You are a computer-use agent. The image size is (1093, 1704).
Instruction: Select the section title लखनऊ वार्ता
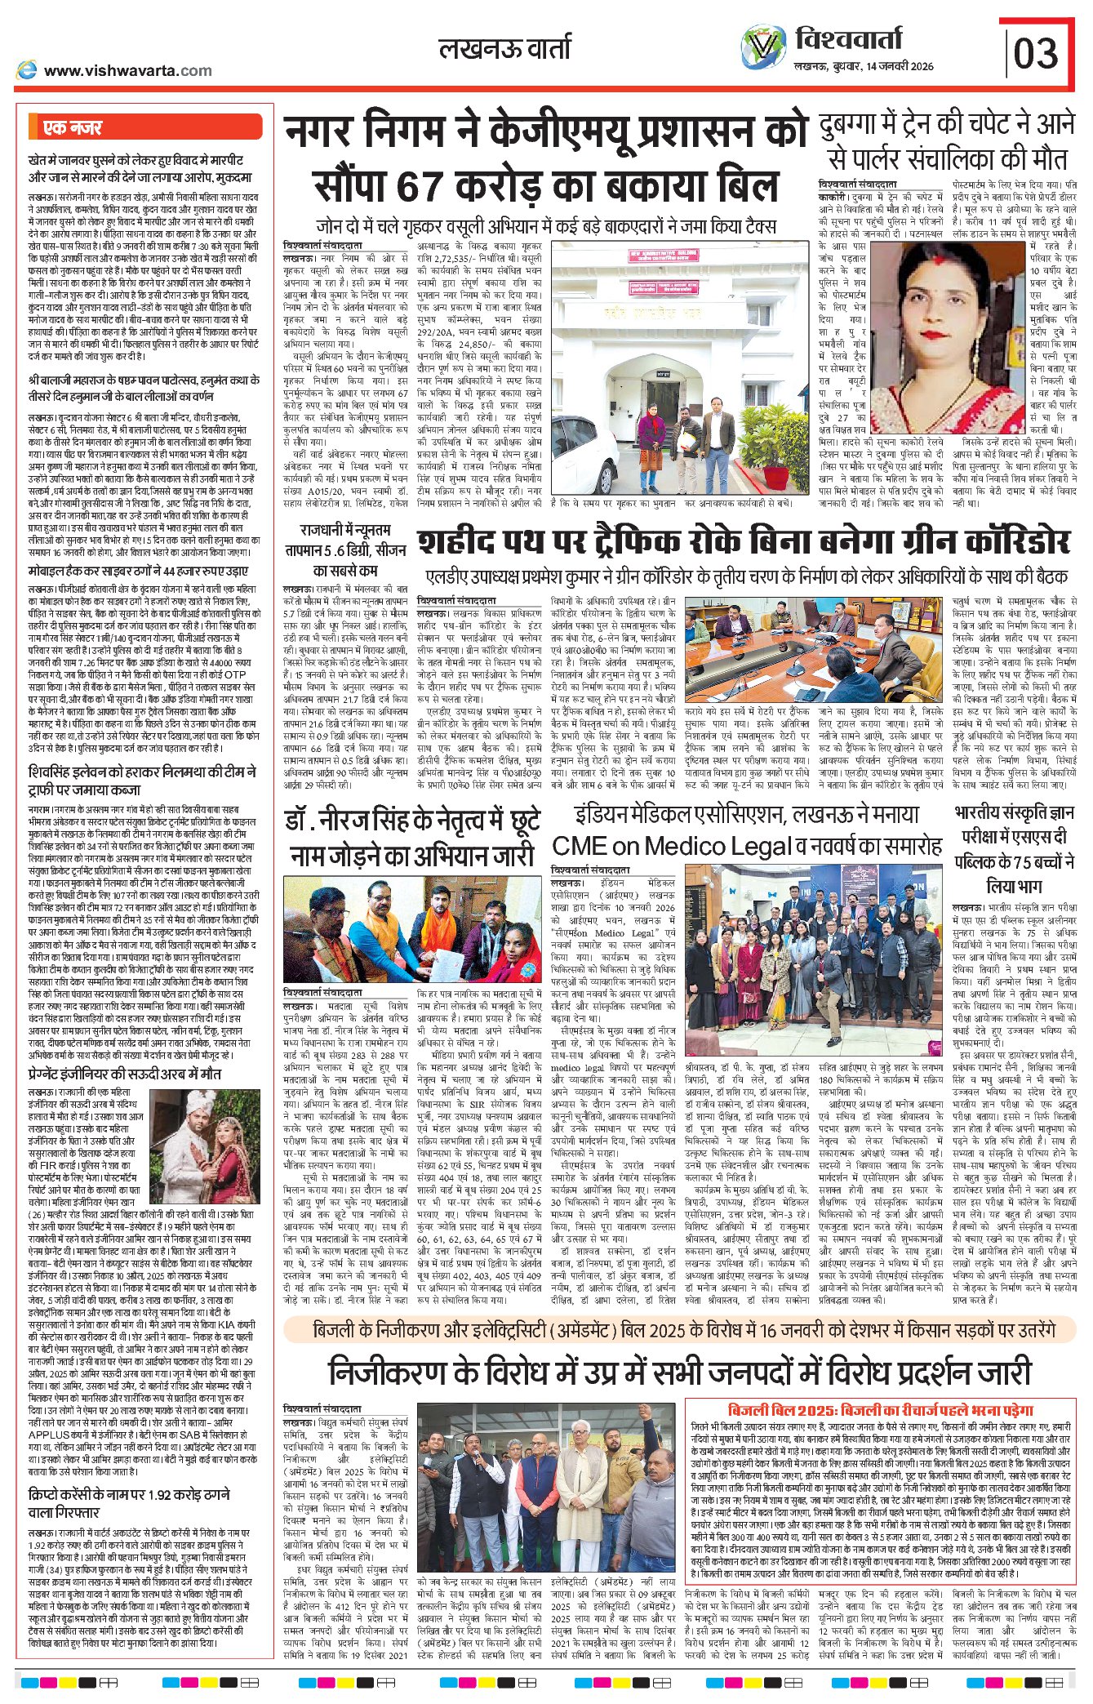pyautogui.click(x=504, y=48)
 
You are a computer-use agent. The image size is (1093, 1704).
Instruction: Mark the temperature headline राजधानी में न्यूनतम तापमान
pyautogui.click(x=344, y=549)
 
